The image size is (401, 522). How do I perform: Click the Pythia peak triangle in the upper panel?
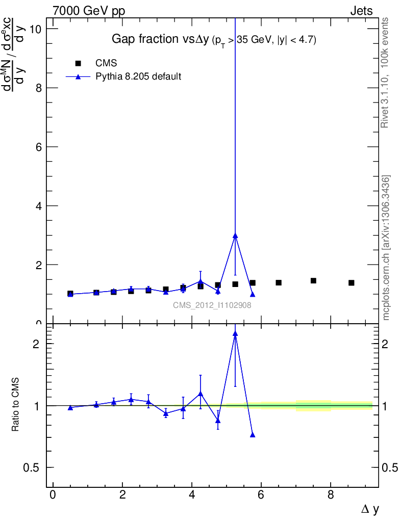point(235,236)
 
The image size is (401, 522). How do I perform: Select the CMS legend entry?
point(106,63)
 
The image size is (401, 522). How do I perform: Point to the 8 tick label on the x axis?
point(331,495)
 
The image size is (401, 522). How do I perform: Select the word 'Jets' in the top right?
point(361,11)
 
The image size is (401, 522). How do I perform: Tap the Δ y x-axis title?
point(369,509)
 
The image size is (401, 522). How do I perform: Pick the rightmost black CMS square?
point(352,283)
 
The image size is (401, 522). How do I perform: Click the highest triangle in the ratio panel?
point(235,333)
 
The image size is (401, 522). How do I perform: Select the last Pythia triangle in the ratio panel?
point(253,435)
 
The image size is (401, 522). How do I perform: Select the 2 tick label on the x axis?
point(122,495)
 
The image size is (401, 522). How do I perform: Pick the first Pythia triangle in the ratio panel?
point(70,408)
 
